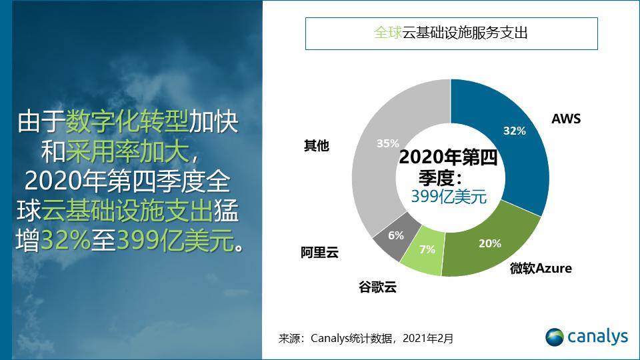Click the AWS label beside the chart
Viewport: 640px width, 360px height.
pyautogui.click(x=566, y=119)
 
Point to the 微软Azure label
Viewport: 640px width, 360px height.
pyautogui.click(x=541, y=269)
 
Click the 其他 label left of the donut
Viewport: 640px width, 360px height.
pyautogui.click(x=317, y=145)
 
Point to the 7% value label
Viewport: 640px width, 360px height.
pyautogui.click(x=427, y=249)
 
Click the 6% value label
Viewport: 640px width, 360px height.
pyautogui.click(x=395, y=235)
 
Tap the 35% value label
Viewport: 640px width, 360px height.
pyautogui.click(x=387, y=143)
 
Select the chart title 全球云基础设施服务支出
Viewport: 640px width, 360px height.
pyautogui.click(x=451, y=33)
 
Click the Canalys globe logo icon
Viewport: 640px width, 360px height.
pyautogui.click(x=555, y=337)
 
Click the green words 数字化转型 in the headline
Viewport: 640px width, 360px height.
pyautogui.click(x=127, y=121)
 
